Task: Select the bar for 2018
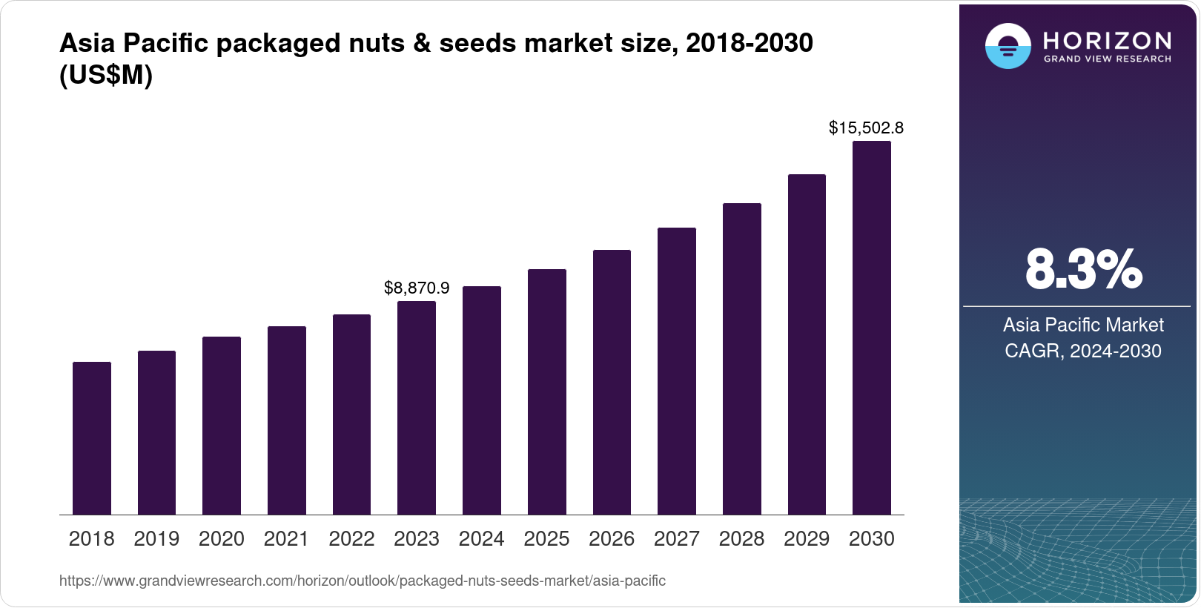click(x=92, y=438)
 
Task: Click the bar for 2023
click(x=417, y=408)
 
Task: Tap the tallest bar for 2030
click(x=871, y=328)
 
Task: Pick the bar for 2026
click(x=612, y=382)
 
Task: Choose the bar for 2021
click(x=287, y=420)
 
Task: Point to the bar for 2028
click(x=741, y=359)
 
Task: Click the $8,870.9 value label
click(x=417, y=288)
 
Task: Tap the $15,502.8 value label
click(x=866, y=128)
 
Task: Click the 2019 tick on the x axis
click(x=156, y=539)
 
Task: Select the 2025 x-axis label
click(x=546, y=539)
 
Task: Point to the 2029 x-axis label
click(x=807, y=539)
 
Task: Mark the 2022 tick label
click(x=351, y=539)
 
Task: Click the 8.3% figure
click(x=1083, y=270)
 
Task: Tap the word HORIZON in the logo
click(x=1107, y=41)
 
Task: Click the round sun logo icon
click(x=1008, y=47)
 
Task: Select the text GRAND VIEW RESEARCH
click(x=1107, y=59)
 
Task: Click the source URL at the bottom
click(x=362, y=581)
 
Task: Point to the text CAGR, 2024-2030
click(x=1082, y=351)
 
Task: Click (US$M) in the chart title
click(x=105, y=76)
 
